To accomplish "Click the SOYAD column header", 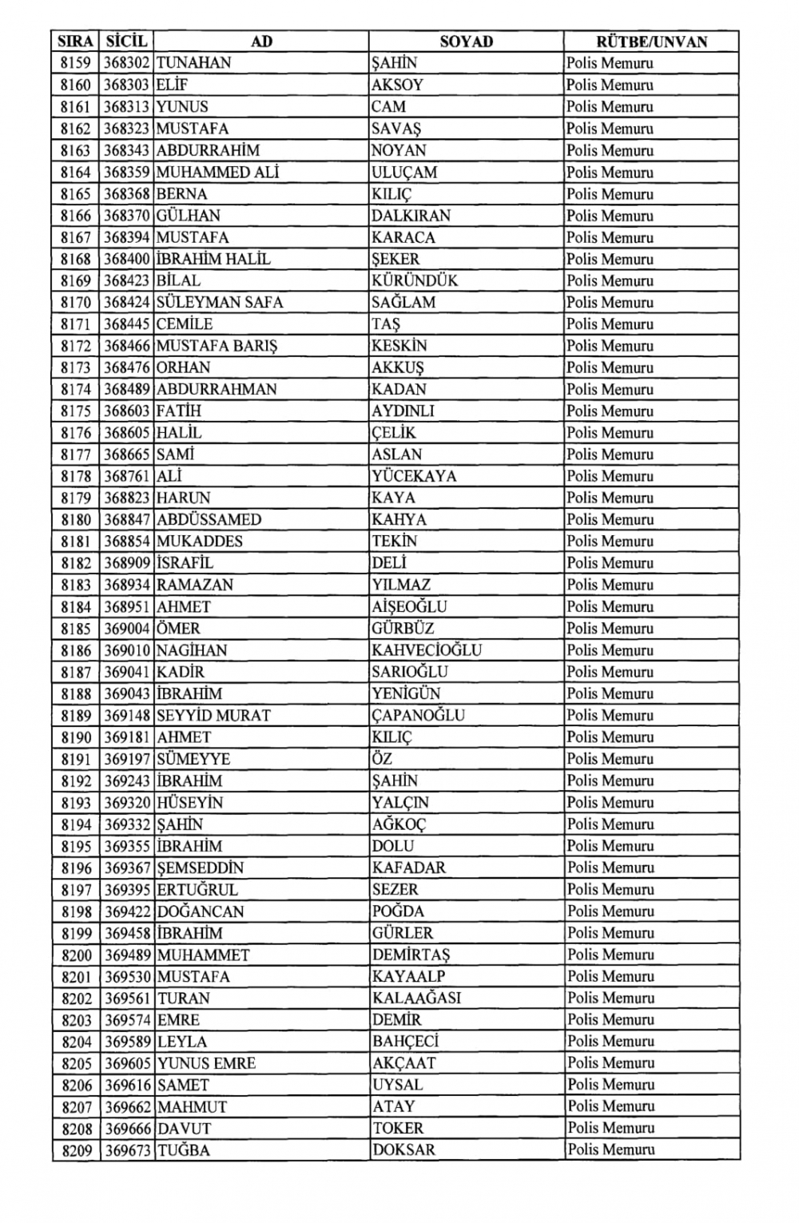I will (466, 42).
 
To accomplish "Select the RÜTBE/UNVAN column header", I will (651, 42).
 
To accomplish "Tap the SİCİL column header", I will (126, 42).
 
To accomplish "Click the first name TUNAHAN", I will (194, 63).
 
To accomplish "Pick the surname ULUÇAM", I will (404, 172).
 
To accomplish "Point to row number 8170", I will (76, 303).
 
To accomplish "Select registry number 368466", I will (127, 346).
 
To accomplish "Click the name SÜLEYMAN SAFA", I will (220, 303).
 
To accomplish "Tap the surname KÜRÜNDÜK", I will (415, 281).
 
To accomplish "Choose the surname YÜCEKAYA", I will (414, 476).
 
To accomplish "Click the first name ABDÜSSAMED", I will (209, 519).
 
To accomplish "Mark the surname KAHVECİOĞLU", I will (427, 650).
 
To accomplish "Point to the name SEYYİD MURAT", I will (213, 715).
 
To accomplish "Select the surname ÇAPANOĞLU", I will (418, 715).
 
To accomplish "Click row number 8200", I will (76, 955).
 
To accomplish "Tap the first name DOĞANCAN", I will (201, 911).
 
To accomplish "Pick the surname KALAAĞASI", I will (416, 998).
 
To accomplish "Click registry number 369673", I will (127, 1150).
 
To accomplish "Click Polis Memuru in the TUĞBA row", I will (610, 1150).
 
